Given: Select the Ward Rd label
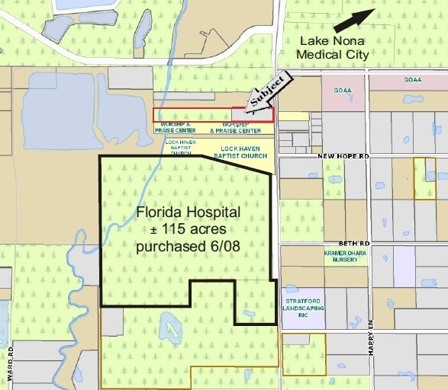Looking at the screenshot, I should click(x=12, y=360).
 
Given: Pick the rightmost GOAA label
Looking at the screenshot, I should click(x=413, y=79).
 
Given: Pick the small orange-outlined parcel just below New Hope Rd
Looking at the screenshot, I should click(x=424, y=179).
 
